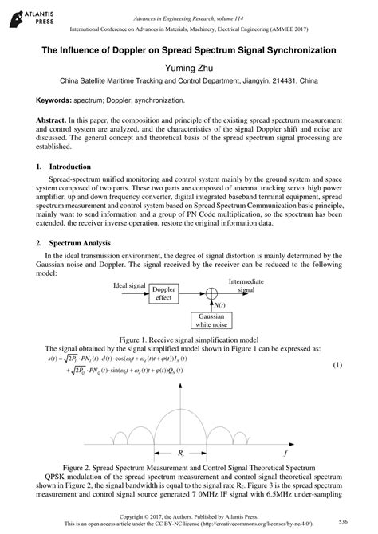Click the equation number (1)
(337, 364)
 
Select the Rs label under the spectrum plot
(183, 454)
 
